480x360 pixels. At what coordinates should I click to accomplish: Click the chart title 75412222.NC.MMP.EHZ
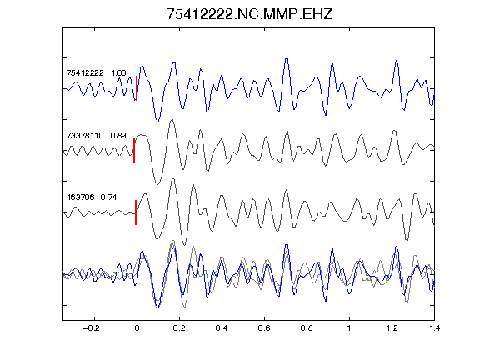[249, 14]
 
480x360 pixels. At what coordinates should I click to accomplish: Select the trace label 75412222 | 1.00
[96, 72]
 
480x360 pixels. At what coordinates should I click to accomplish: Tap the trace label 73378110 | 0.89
[96, 135]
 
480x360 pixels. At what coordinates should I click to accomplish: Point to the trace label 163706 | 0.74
[92, 197]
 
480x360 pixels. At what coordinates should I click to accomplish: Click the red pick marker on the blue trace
[137, 88]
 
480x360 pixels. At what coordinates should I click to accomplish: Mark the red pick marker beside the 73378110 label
[134, 151]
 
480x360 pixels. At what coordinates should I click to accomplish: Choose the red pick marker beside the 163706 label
[136, 212]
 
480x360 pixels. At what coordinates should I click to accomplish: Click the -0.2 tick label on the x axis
[92, 328]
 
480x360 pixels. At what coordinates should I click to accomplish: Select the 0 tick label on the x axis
[137, 328]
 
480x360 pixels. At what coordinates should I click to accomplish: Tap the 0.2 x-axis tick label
[179, 328]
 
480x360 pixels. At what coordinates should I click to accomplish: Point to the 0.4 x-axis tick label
[222, 328]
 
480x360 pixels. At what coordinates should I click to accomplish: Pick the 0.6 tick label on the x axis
[264, 328]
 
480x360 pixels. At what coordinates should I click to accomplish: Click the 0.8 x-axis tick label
[307, 328]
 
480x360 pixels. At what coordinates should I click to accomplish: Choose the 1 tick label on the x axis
[349, 328]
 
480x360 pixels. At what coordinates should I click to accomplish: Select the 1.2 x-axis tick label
[392, 328]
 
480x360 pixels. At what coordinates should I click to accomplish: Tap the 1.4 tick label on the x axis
[434, 328]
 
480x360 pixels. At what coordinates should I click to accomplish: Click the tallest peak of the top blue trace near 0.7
[287, 59]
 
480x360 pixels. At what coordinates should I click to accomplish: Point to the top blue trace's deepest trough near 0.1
[157, 122]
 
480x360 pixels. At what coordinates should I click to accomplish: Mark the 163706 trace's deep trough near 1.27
[407, 240]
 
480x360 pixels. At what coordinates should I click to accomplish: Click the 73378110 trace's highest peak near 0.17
[172, 120]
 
